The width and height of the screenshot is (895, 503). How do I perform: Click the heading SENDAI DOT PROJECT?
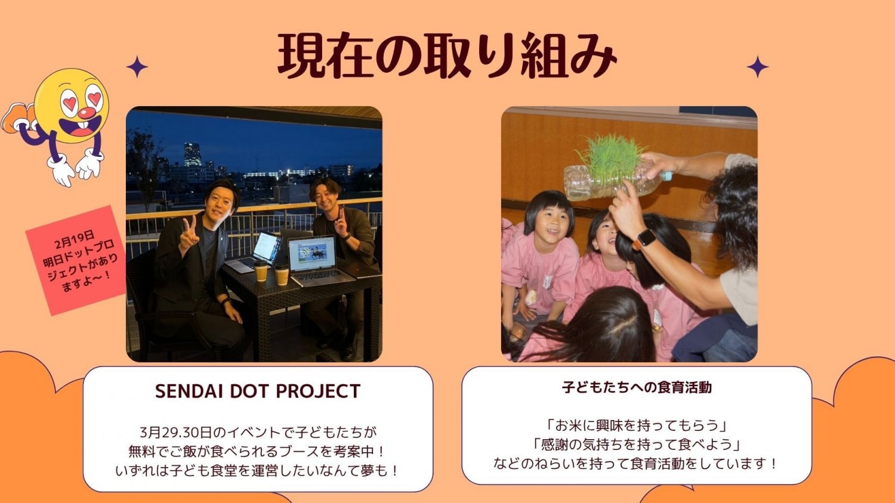(258, 391)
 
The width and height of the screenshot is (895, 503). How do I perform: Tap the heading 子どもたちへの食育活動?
(637, 387)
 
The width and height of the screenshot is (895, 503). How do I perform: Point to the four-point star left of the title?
(137, 66)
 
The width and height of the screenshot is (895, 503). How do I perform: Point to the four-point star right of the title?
(758, 67)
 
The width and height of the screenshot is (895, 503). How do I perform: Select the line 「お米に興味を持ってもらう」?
(637, 425)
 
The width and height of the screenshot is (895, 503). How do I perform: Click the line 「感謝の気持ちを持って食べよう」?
(637, 445)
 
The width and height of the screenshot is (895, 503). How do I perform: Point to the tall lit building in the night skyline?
(192, 155)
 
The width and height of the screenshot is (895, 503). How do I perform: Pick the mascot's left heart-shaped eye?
(69, 101)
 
